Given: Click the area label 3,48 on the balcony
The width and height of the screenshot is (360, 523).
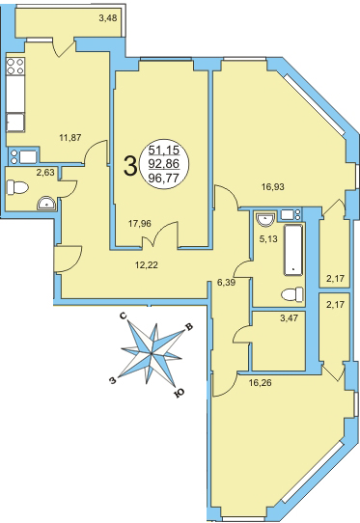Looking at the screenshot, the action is (108, 17).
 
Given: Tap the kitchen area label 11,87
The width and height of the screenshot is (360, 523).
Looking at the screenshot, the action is (70, 137).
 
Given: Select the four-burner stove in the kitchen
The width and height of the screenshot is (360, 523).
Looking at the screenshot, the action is (15, 66).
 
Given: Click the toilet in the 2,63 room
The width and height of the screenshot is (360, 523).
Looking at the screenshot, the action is (17, 187).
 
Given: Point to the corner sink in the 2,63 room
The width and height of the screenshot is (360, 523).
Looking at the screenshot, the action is (46, 204).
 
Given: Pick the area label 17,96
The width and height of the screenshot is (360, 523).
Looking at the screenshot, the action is (140, 224).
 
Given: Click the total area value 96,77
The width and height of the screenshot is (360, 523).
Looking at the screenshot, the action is (164, 179).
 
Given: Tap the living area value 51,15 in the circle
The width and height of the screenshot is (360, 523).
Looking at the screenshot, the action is (164, 151).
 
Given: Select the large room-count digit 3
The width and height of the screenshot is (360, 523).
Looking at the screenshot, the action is (130, 166).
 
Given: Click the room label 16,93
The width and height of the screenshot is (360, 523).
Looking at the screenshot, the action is (273, 187).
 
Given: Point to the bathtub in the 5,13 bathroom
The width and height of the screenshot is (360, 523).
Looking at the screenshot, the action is (293, 250).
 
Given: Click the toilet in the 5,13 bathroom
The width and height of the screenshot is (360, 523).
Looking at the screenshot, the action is (292, 295).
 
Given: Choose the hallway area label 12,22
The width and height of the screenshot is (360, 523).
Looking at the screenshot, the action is (147, 265).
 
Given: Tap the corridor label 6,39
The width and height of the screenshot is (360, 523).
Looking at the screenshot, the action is (226, 283).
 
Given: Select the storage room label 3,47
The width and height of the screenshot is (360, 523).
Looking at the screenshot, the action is (289, 317).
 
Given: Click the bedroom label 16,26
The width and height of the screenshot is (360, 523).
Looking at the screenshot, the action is (261, 383).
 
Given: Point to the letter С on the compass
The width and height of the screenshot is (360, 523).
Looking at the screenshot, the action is (124, 317).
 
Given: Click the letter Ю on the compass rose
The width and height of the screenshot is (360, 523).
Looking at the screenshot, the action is (180, 394).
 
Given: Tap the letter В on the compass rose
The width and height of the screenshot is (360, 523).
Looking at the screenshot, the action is (189, 327).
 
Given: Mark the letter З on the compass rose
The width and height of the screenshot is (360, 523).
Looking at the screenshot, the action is (113, 380).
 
